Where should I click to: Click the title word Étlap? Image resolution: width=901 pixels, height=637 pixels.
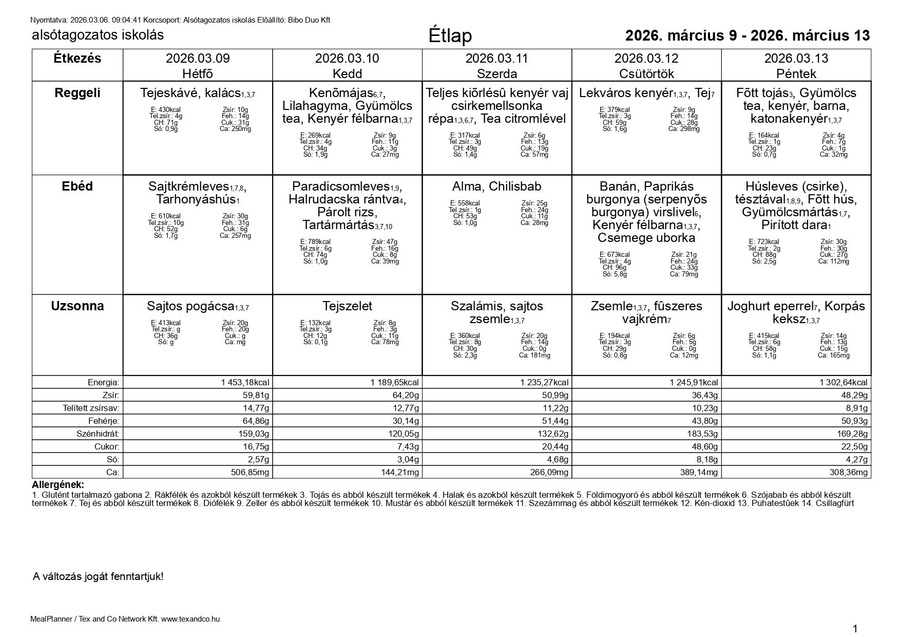click(x=450, y=36)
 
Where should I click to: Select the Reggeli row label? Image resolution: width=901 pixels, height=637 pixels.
click(x=78, y=93)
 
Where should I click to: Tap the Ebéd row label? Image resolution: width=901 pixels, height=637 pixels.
click(x=78, y=186)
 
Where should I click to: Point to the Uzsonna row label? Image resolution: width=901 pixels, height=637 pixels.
click(x=78, y=306)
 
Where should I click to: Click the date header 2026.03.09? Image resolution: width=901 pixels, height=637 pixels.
click(x=198, y=59)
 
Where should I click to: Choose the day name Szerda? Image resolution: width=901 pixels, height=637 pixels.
click(x=496, y=73)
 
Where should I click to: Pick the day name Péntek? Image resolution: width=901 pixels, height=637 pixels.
click(x=796, y=73)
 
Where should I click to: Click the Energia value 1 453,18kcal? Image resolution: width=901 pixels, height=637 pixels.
click(x=245, y=382)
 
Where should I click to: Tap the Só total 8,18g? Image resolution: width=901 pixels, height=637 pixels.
click(x=704, y=459)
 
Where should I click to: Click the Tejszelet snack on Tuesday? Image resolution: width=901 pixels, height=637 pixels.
click(x=347, y=306)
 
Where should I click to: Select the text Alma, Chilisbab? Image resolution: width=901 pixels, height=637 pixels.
click(x=496, y=186)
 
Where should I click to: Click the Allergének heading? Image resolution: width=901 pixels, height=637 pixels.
click(x=58, y=485)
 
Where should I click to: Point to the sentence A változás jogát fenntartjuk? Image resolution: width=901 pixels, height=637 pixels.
click(x=98, y=576)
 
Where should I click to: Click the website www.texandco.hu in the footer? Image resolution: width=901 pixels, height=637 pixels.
click(x=190, y=619)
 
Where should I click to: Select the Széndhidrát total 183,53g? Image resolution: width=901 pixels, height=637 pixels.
click(x=700, y=434)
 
